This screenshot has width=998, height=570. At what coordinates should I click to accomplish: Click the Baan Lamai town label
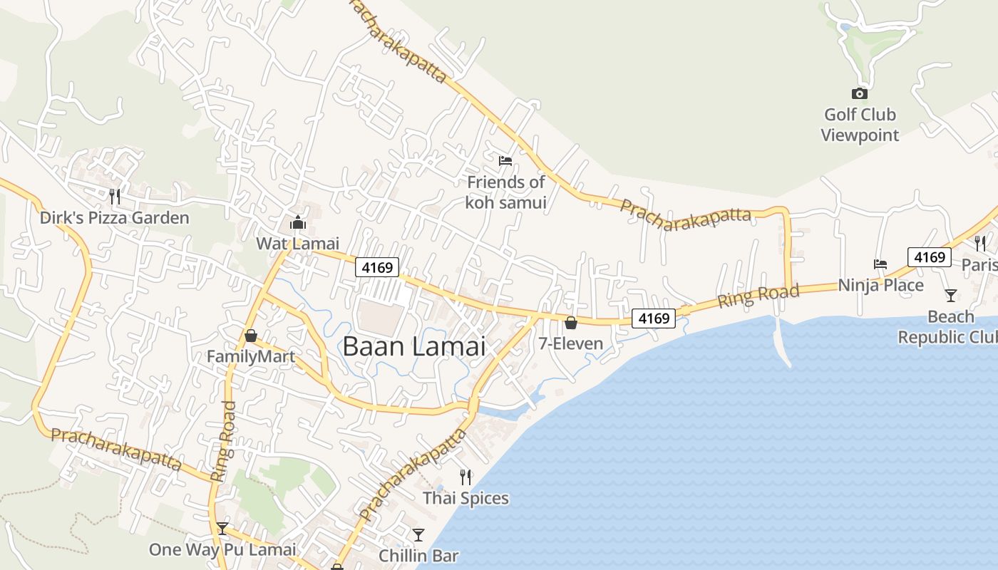click(x=413, y=347)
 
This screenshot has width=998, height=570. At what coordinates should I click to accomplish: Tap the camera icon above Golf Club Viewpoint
click(x=859, y=93)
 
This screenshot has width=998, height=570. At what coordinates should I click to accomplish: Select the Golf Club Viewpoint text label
click(x=860, y=125)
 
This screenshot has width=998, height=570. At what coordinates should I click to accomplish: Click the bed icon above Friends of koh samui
click(x=505, y=160)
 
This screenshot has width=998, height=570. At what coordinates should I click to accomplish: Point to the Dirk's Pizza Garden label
click(x=114, y=218)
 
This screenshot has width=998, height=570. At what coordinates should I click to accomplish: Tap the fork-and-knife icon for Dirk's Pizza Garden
click(x=114, y=196)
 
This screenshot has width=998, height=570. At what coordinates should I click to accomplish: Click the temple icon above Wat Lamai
click(x=297, y=223)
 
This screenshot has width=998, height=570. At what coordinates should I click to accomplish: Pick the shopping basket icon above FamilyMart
click(x=251, y=335)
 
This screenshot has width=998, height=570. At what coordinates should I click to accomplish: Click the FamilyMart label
click(x=251, y=356)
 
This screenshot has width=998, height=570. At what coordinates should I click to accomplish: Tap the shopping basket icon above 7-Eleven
click(x=570, y=323)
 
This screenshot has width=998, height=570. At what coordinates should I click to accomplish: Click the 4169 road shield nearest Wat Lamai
click(x=377, y=268)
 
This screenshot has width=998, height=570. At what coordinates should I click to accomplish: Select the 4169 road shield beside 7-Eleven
click(x=654, y=318)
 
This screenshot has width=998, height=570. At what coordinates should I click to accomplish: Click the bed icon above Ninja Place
click(x=880, y=264)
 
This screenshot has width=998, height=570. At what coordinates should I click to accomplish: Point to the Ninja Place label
click(x=880, y=286)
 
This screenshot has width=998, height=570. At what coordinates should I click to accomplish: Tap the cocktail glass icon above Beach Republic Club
click(x=950, y=295)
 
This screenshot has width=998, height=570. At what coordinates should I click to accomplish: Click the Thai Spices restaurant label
click(x=466, y=498)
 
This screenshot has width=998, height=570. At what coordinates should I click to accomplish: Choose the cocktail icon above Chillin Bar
click(x=418, y=534)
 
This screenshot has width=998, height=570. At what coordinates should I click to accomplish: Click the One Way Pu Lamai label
click(x=222, y=550)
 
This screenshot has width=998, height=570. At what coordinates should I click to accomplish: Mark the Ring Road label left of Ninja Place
click(x=758, y=295)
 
